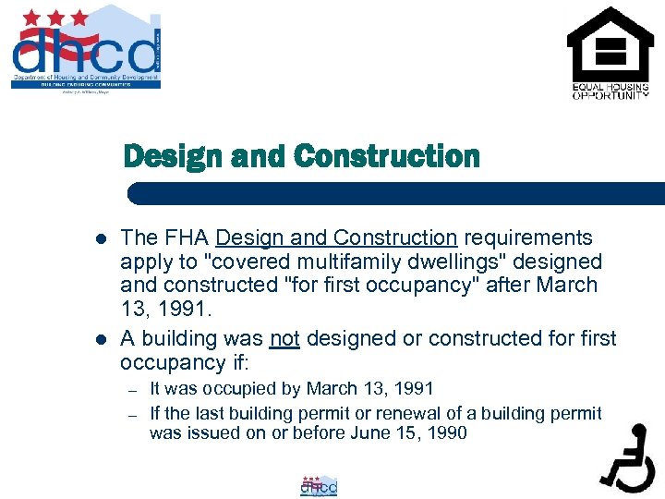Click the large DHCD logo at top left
click(86, 48)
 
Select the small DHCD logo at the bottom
click(320, 485)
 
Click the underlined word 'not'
click(284, 339)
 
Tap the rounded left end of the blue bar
click(135, 193)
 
